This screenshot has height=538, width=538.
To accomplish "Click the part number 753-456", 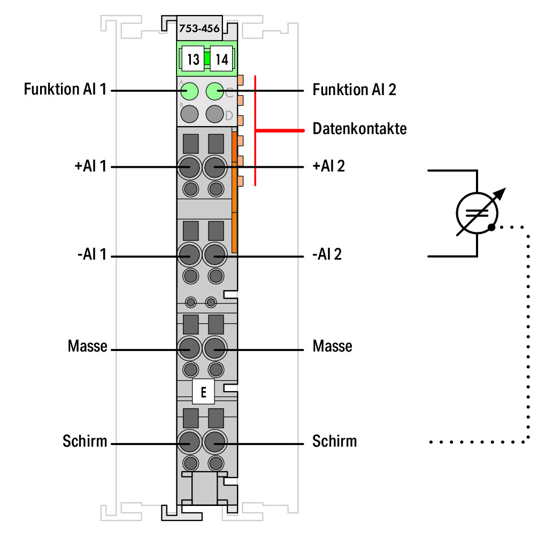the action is (199, 28).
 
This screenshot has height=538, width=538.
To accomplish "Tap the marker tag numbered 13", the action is (193, 59).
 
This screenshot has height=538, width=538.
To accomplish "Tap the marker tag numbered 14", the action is (221, 59).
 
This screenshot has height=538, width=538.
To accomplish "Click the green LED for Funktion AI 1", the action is (189, 91).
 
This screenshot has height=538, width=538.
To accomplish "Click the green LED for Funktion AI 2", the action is (215, 91).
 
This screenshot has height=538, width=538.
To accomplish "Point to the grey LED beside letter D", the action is (215, 114).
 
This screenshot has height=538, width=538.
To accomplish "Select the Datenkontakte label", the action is (360, 129).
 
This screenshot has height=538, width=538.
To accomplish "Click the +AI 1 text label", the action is (91, 166).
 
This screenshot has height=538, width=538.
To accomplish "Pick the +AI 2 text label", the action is (328, 166).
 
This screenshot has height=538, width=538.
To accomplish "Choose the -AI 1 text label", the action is (92, 255).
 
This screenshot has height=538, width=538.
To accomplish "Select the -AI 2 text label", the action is (327, 255).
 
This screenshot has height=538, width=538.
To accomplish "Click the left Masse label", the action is (88, 346).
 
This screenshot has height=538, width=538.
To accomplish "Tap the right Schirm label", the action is (335, 441).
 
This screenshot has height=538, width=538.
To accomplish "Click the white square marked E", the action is (203, 392).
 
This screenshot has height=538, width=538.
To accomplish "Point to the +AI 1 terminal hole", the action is (189, 167).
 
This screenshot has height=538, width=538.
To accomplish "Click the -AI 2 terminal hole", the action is (215, 255).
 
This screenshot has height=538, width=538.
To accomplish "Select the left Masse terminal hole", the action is (189, 348).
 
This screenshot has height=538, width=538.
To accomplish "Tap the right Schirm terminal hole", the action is (215, 442).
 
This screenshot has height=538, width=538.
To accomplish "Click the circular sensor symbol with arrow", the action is (478, 213).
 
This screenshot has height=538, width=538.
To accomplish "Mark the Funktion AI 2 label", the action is (354, 90).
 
